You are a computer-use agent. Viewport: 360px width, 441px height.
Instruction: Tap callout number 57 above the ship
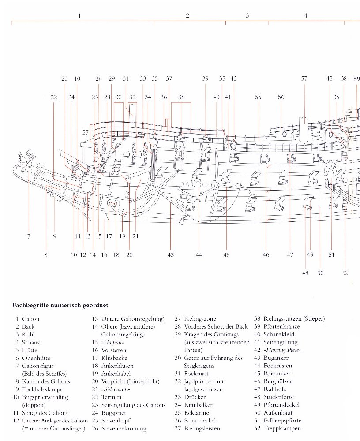(x=304, y=78)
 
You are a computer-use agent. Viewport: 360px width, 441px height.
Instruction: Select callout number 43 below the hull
(x=171, y=254)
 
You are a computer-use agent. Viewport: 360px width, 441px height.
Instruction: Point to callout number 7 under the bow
(x=29, y=236)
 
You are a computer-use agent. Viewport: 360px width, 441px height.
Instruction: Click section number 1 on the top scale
(x=79, y=16)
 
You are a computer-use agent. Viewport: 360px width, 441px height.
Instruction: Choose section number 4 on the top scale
(x=305, y=16)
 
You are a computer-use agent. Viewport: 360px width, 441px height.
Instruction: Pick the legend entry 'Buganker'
(x=275, y=358)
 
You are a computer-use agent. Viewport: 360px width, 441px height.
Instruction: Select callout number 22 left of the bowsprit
(x=54, y=97)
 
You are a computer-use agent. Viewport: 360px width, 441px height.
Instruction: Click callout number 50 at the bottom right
(x=320, y=273)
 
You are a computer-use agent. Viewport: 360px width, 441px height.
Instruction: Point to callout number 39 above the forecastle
(x=205, y=78)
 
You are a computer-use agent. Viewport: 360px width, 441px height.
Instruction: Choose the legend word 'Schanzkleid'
(x=279, y=334)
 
